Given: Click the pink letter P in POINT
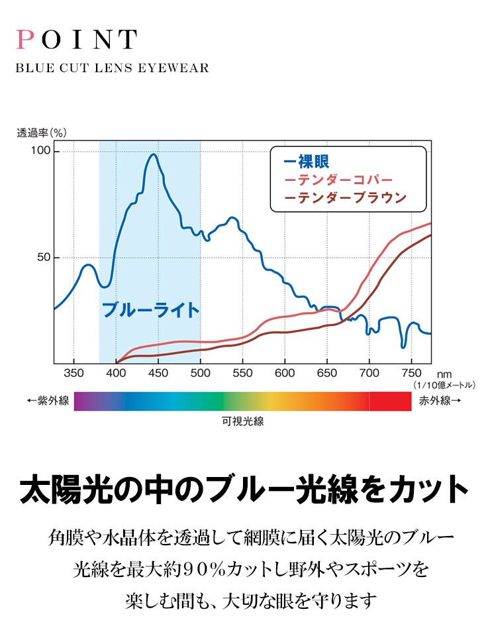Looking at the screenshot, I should pos(24,40).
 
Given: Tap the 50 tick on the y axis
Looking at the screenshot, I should pos(44,257).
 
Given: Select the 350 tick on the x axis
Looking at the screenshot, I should pos(74,373).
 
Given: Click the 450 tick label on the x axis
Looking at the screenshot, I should pos(158,373).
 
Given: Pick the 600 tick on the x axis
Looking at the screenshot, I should pos(285,373).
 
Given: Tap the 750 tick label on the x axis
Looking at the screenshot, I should pos(411,373).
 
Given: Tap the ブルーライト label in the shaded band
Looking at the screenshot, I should pos(150,310).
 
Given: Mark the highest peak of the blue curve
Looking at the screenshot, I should pos(154,154).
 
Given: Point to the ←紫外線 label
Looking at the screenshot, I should pos(48,401).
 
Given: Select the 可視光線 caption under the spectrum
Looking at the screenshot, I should pos(243,421).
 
